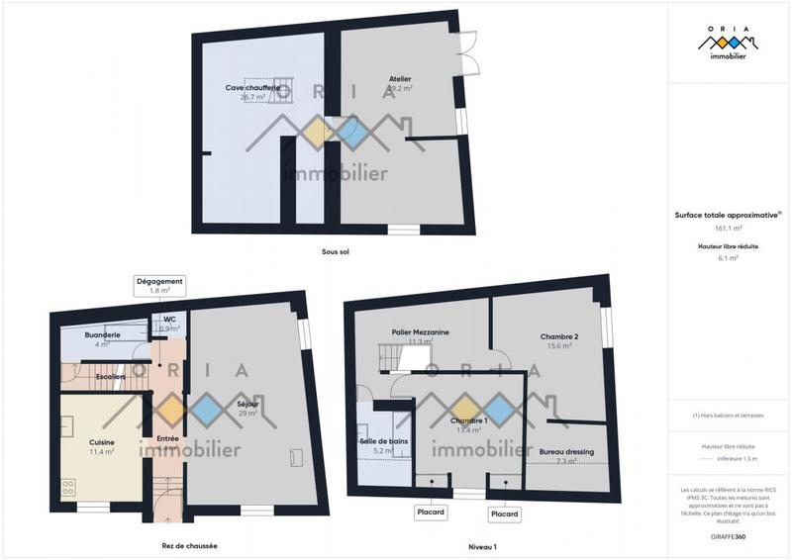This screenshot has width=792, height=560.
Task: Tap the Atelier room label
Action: pos(400,79)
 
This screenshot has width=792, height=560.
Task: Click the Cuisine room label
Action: pos(101,442)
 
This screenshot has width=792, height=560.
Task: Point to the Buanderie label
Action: pos(102,335)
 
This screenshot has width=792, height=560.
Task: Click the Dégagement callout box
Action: pos(159,286)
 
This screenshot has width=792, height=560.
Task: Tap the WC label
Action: pos(169,320)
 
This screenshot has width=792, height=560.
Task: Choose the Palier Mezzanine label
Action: pos(421,332)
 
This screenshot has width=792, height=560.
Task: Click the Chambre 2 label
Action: pos(559,337)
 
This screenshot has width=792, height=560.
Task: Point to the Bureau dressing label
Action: pos(567,452)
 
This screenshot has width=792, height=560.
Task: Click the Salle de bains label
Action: pos(384,441)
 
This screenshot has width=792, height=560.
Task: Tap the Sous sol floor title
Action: pos(336,251)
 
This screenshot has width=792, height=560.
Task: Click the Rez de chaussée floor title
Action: pos(189,545)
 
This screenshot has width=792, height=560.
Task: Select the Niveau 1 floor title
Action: pos(482,545)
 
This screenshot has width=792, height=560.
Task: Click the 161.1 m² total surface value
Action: pos(729,227)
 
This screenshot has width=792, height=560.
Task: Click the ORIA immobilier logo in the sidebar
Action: pos(729,44)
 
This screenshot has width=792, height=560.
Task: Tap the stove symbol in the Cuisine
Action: pos(69,487)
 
